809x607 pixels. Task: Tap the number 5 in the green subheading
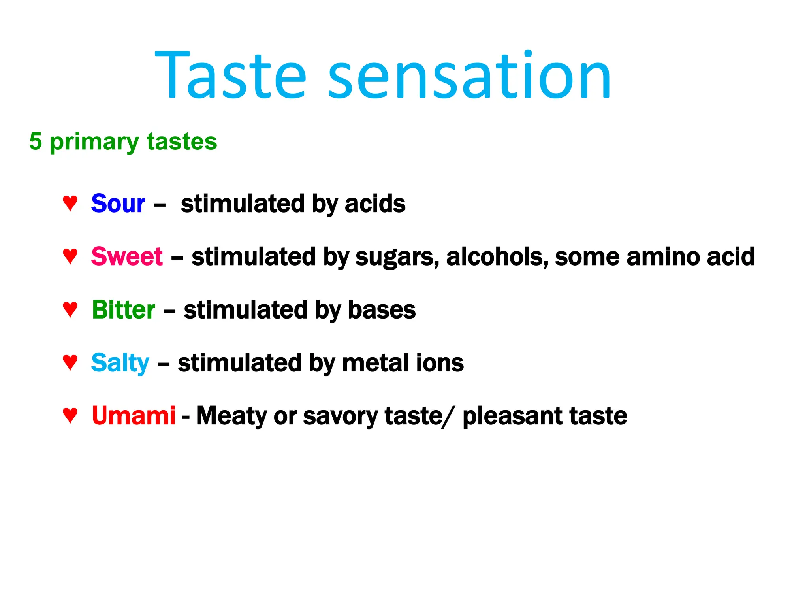pos(36,141)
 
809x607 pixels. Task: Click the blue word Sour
pos(118,204)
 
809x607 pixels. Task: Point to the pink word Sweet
pos(127,256)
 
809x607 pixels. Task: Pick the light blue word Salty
pos(120,363)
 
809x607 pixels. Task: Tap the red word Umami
pos(134,416)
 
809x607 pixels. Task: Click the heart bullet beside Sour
pos(70,203)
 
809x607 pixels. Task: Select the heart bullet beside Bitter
pos(70,309)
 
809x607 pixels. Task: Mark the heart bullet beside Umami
pos(70,415)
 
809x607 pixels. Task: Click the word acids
pos(375,204)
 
